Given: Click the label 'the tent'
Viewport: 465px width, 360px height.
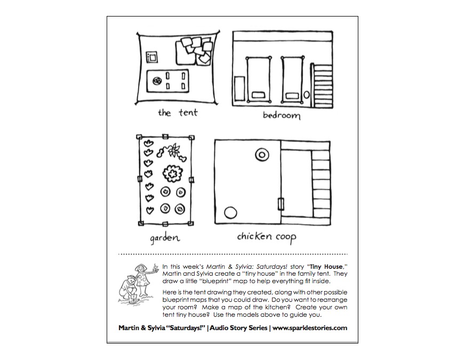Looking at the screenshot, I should [178, 113].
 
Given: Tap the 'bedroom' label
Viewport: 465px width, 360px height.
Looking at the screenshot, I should [281, 115].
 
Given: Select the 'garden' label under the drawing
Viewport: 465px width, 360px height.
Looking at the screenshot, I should [164, 237].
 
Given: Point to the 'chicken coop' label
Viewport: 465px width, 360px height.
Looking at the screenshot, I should [267, 236].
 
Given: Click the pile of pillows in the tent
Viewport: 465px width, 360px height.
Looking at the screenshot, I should [196, 50].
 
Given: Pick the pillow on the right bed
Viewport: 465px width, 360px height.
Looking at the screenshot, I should [291, 95].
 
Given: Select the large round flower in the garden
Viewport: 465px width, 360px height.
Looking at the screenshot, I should [172, 173].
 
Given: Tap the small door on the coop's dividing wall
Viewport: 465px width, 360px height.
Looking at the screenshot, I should [281, 204].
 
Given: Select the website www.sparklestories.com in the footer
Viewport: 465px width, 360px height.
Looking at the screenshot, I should [310, 328].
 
